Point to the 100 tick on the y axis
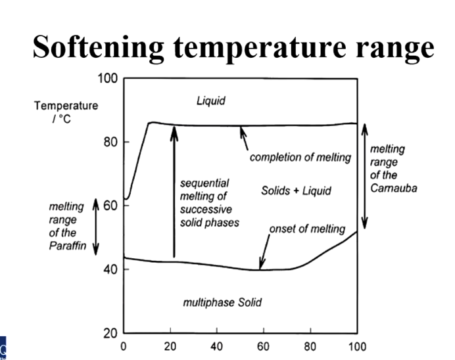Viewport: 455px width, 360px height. [107, 79]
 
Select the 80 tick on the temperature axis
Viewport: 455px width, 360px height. [110, 143]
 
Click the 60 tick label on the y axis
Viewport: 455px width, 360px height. [110, 206]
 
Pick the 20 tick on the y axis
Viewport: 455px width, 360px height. [110, 333]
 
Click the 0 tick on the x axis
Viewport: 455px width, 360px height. [124, 346]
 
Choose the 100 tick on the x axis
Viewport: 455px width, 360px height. [357, 346]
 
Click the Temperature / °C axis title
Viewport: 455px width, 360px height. [66, 112]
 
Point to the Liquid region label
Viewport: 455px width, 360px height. [210, 101]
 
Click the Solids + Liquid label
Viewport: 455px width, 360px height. [296, 191]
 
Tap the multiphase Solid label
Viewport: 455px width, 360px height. [222, 302]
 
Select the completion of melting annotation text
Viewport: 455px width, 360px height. [300, 158]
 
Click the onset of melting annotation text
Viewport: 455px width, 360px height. [307, 229]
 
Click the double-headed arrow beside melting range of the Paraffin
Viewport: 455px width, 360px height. [96, 226]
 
